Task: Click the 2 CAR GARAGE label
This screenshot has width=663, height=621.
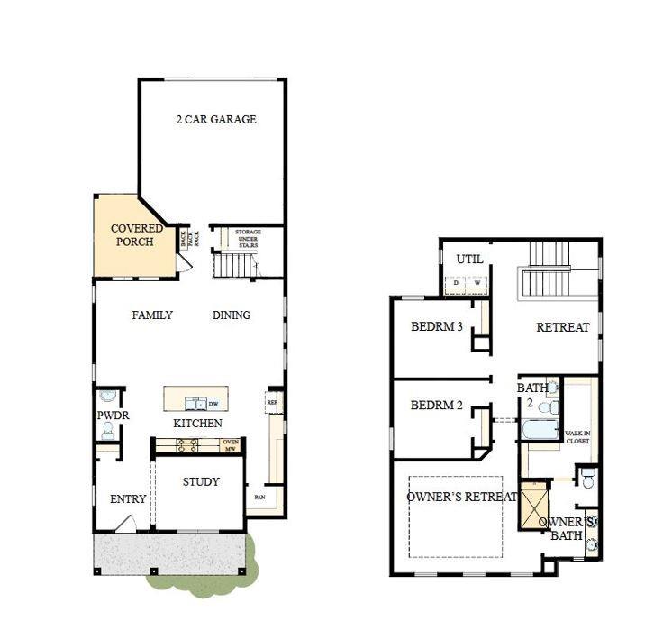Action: pos(215,119)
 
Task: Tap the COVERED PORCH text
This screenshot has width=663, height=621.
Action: pos(137,235)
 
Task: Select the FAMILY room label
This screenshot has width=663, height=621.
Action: pos(152,315)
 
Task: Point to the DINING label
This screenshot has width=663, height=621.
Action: pos(232,315)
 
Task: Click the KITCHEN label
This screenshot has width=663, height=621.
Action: pos(197,423)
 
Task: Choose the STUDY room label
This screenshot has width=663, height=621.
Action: pos(201,482)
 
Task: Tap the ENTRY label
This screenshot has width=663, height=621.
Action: pos(128,499)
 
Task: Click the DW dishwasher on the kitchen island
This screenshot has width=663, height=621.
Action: pos(213,404)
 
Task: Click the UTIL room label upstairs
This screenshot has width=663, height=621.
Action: pos(469,260)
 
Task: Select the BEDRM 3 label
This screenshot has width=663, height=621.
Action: pos(437,326)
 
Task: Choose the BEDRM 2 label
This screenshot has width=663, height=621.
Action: pos(437,406)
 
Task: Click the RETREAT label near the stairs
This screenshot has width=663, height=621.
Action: pos(563,327)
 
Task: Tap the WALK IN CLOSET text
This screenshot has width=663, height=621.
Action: pos(577,437)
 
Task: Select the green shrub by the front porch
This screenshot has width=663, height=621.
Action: pos(200,568)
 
